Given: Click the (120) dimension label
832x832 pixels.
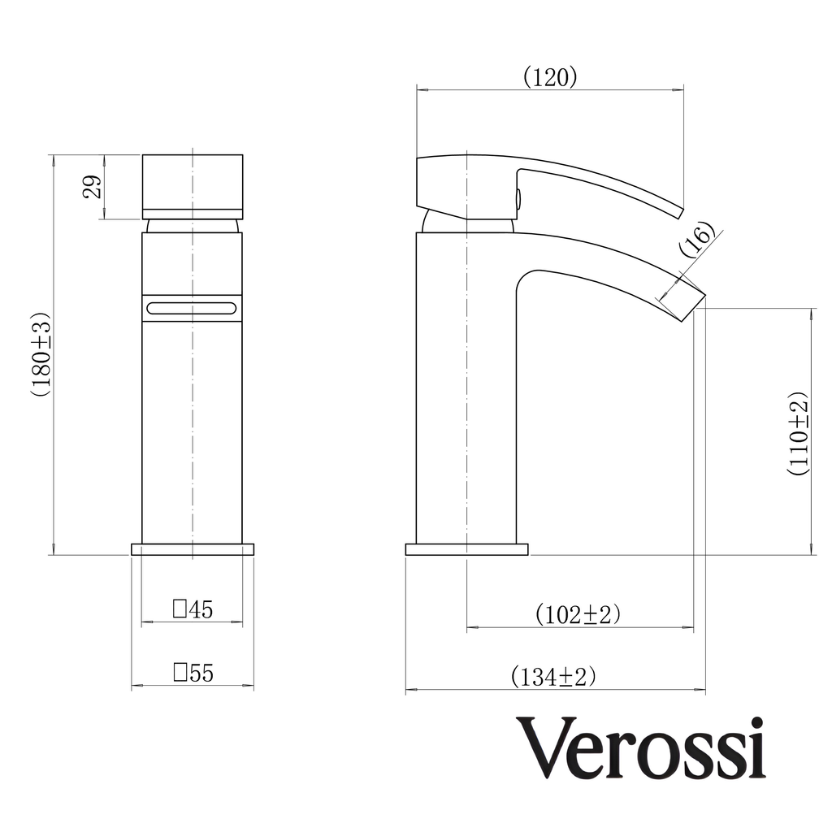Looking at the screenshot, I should point(550,77).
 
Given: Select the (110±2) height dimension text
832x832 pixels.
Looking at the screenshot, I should point(798,432).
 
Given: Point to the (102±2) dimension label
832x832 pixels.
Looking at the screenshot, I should point(578,614).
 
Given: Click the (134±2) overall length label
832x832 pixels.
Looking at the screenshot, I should point(553,676).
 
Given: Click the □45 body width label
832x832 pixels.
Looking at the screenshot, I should point(193,609).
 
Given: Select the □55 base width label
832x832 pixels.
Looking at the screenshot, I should point(193,673).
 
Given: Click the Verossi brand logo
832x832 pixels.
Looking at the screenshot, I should point(641,748).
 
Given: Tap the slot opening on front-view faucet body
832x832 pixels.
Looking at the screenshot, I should point(192,308).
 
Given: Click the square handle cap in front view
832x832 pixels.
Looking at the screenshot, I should point(193,182).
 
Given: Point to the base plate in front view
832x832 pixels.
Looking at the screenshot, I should point(193,549).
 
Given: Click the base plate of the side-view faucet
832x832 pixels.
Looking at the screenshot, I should point(466,549).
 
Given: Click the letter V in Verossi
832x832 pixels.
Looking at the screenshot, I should point(544,748).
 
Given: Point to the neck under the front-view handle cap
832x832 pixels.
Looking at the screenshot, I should point(193,226).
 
